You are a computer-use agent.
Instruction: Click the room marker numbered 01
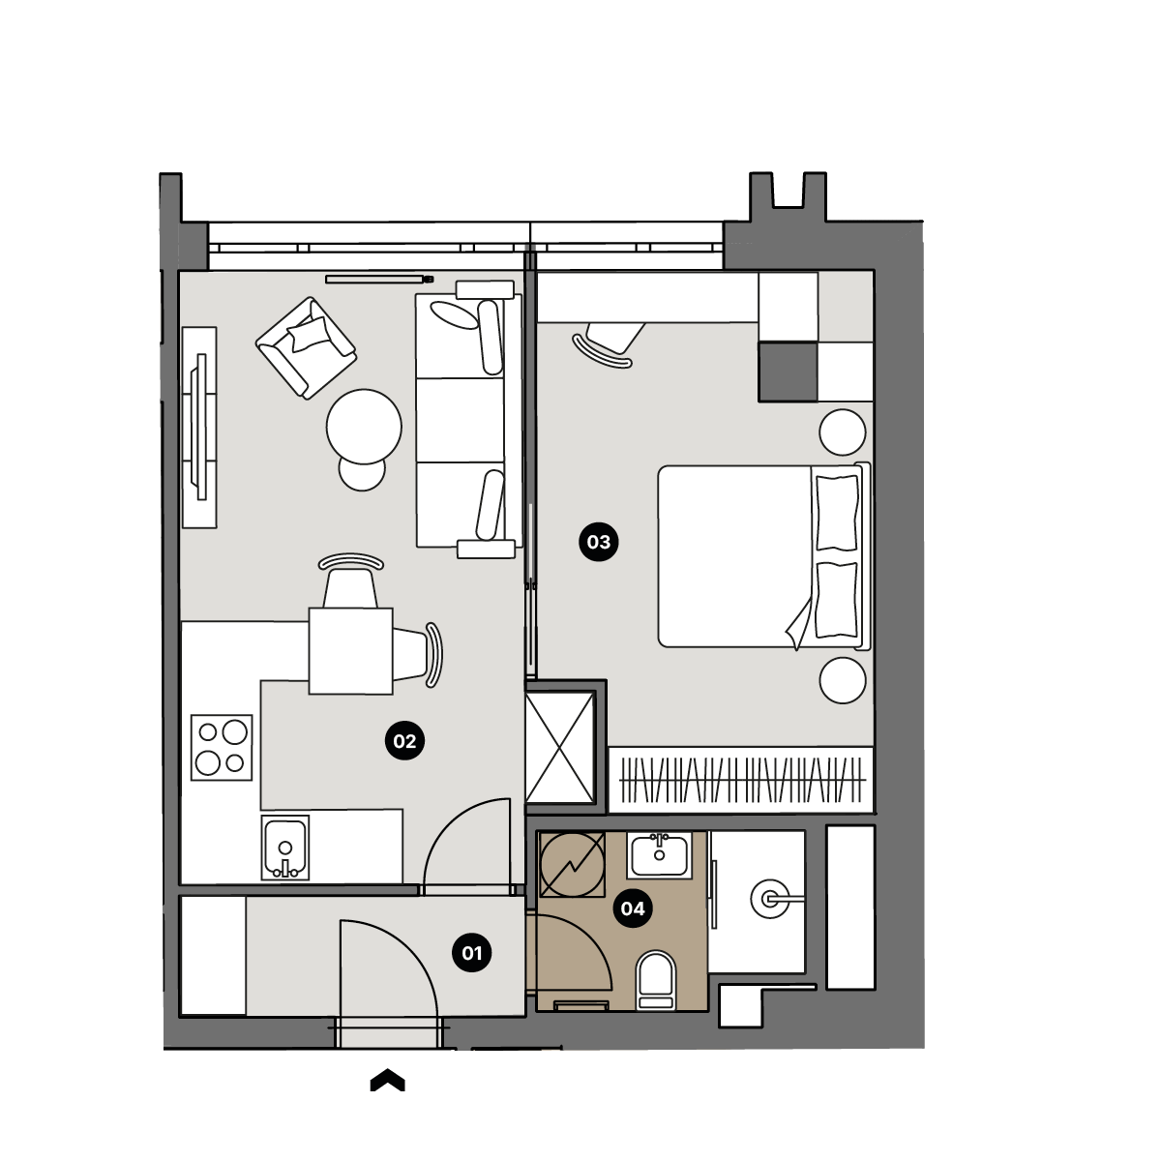472,953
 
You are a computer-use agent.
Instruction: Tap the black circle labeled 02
404,741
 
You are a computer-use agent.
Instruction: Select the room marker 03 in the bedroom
598,542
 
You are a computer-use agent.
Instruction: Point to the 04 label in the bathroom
633,908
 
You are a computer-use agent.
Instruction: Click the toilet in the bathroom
656,980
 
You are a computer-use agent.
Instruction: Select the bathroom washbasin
659,855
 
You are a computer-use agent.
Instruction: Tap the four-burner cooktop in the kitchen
222,748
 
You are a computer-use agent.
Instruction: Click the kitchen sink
285,848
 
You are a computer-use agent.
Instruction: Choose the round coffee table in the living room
364,427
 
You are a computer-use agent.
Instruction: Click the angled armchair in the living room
306,348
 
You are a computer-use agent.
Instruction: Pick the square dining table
350,651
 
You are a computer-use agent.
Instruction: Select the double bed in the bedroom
764,556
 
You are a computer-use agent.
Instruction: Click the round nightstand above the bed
843,432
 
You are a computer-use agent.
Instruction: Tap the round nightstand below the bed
843,680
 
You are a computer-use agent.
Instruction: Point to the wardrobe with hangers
741,780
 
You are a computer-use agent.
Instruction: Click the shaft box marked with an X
560,748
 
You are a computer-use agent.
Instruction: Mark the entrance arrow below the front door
387,1081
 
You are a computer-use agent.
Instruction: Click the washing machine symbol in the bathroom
573,865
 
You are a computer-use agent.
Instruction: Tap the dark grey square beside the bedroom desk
788,372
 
